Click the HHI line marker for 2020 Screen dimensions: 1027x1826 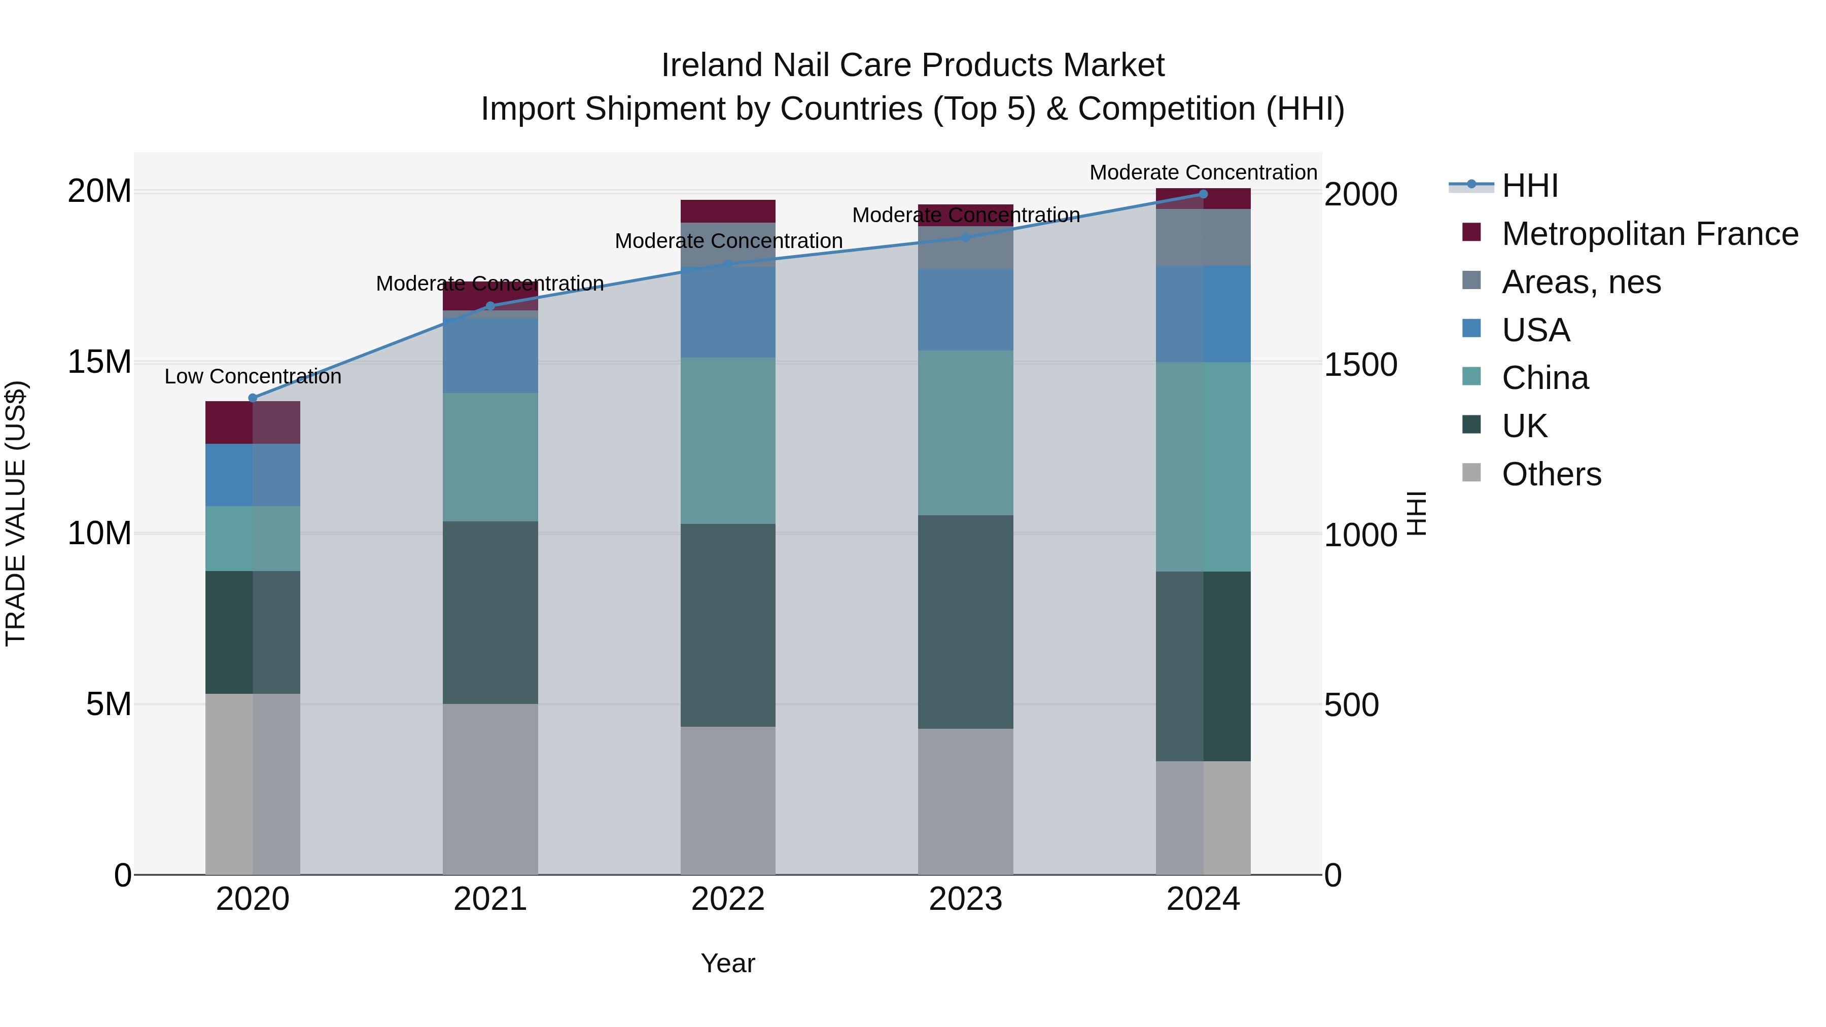pyautogui.click(x=253, y=398)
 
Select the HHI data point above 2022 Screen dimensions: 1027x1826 pyautogui.click(x=727, y=264)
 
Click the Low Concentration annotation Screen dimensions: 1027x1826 pyautogui.click(x=253, y=376)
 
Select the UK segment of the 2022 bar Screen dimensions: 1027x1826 pyautogui.click(x=727, y=625)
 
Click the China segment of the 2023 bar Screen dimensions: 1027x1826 pyautogui.click(x=965, y=432)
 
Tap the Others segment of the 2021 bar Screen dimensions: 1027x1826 pyautogui.click(x=490, y=788)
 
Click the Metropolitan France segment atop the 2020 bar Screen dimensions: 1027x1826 pyautogui.click(x=253, y=422)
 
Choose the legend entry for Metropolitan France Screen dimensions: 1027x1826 pyautogui.click(x=1649, y=234)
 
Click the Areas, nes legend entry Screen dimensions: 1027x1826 pyautogui.click(x=1581, y=282)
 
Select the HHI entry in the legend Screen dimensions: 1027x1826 pyautogui.click(x=1530, y=186)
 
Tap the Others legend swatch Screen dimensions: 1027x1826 pyautogui.click(x=1471, y=473)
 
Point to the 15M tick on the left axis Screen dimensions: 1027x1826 pyautogui.click(x=99, y=362)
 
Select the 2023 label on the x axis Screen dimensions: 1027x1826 pyautogui.click(x=965, y=899)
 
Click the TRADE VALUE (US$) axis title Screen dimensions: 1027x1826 pyautogui.click(x=16, y=513)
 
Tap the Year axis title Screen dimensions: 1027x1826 pyautogui.click(x=727, y=963)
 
